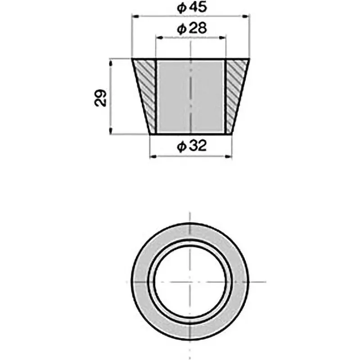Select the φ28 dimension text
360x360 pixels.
click(191, 29)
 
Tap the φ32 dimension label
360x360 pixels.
click(191, 146)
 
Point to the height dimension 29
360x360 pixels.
click(101, 97)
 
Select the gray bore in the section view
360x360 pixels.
click(190, 97)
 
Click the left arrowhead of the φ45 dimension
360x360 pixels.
click(134, 17)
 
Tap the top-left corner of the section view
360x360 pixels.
click(132, 59)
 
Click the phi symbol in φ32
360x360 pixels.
click(181, 146)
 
